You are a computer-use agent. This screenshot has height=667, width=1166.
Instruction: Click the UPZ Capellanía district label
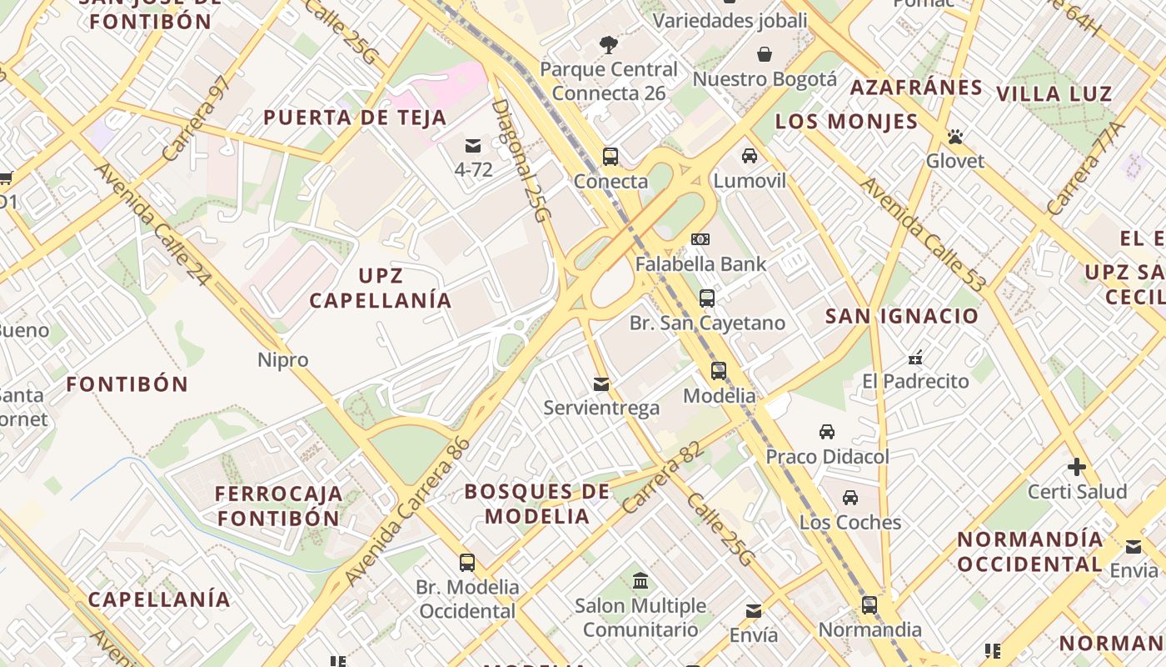tap(381, 288)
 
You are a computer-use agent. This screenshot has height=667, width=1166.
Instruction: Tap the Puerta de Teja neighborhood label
tap(356, 118)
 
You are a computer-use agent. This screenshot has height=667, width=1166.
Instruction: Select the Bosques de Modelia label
tap(537, 504)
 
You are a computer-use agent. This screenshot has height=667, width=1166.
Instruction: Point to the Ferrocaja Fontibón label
tap(279, 505)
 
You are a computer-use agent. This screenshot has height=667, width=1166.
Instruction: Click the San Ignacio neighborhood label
tap(902, 316)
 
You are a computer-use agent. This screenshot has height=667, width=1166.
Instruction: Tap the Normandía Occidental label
tap(1030, 551)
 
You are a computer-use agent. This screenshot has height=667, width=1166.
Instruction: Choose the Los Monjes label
tap(846, 122)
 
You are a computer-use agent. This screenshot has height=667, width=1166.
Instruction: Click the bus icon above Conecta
tap(610, 157)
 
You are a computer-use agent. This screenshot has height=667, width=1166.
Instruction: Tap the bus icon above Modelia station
tap(718, 371)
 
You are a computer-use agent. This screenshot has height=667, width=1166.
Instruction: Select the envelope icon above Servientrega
tap(601, 384)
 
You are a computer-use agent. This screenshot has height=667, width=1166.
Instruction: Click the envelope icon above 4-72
tap(473, 146)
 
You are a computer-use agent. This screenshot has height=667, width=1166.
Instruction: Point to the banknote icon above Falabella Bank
tap(700, 239)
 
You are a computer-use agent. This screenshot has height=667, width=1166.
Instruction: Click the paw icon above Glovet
tap(955, 136)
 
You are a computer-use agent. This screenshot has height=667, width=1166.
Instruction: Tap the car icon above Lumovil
tap(750, 156)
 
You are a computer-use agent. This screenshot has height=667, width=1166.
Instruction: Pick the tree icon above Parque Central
tap(609, 44)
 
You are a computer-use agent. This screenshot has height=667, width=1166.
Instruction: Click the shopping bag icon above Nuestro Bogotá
tap(765, 54)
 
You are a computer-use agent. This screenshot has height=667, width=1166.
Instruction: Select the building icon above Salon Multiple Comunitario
tap(640, 580)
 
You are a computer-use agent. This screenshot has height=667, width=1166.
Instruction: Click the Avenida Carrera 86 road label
tap(407, 510)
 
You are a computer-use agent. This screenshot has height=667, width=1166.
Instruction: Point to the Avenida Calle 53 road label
tap(923, 234)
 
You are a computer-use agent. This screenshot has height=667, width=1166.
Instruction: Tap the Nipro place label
tap(283, 360)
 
